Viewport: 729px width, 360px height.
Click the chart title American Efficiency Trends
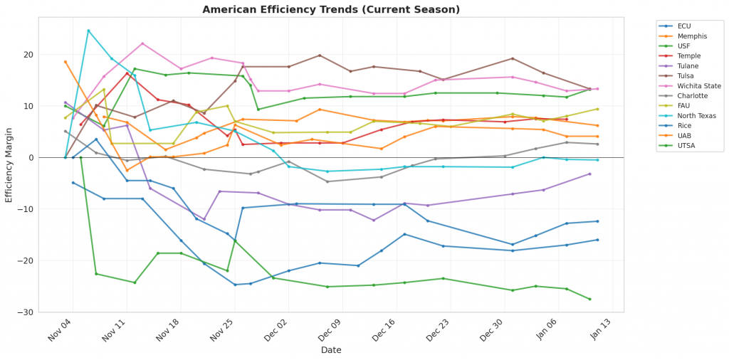click(x=331, y=9)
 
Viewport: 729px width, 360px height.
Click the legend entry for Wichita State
click(x=698, y=86)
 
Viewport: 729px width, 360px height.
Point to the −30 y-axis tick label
click(x=47, y=312)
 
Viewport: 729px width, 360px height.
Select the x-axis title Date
click(x=331, y=350)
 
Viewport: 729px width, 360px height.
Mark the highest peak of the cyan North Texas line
click(x=88, y=31)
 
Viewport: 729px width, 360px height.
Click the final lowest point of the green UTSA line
click(x=589, y=299)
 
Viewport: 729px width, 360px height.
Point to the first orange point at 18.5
click(x=65, y=62)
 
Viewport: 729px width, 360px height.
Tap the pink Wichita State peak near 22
click(x=142, y=43)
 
